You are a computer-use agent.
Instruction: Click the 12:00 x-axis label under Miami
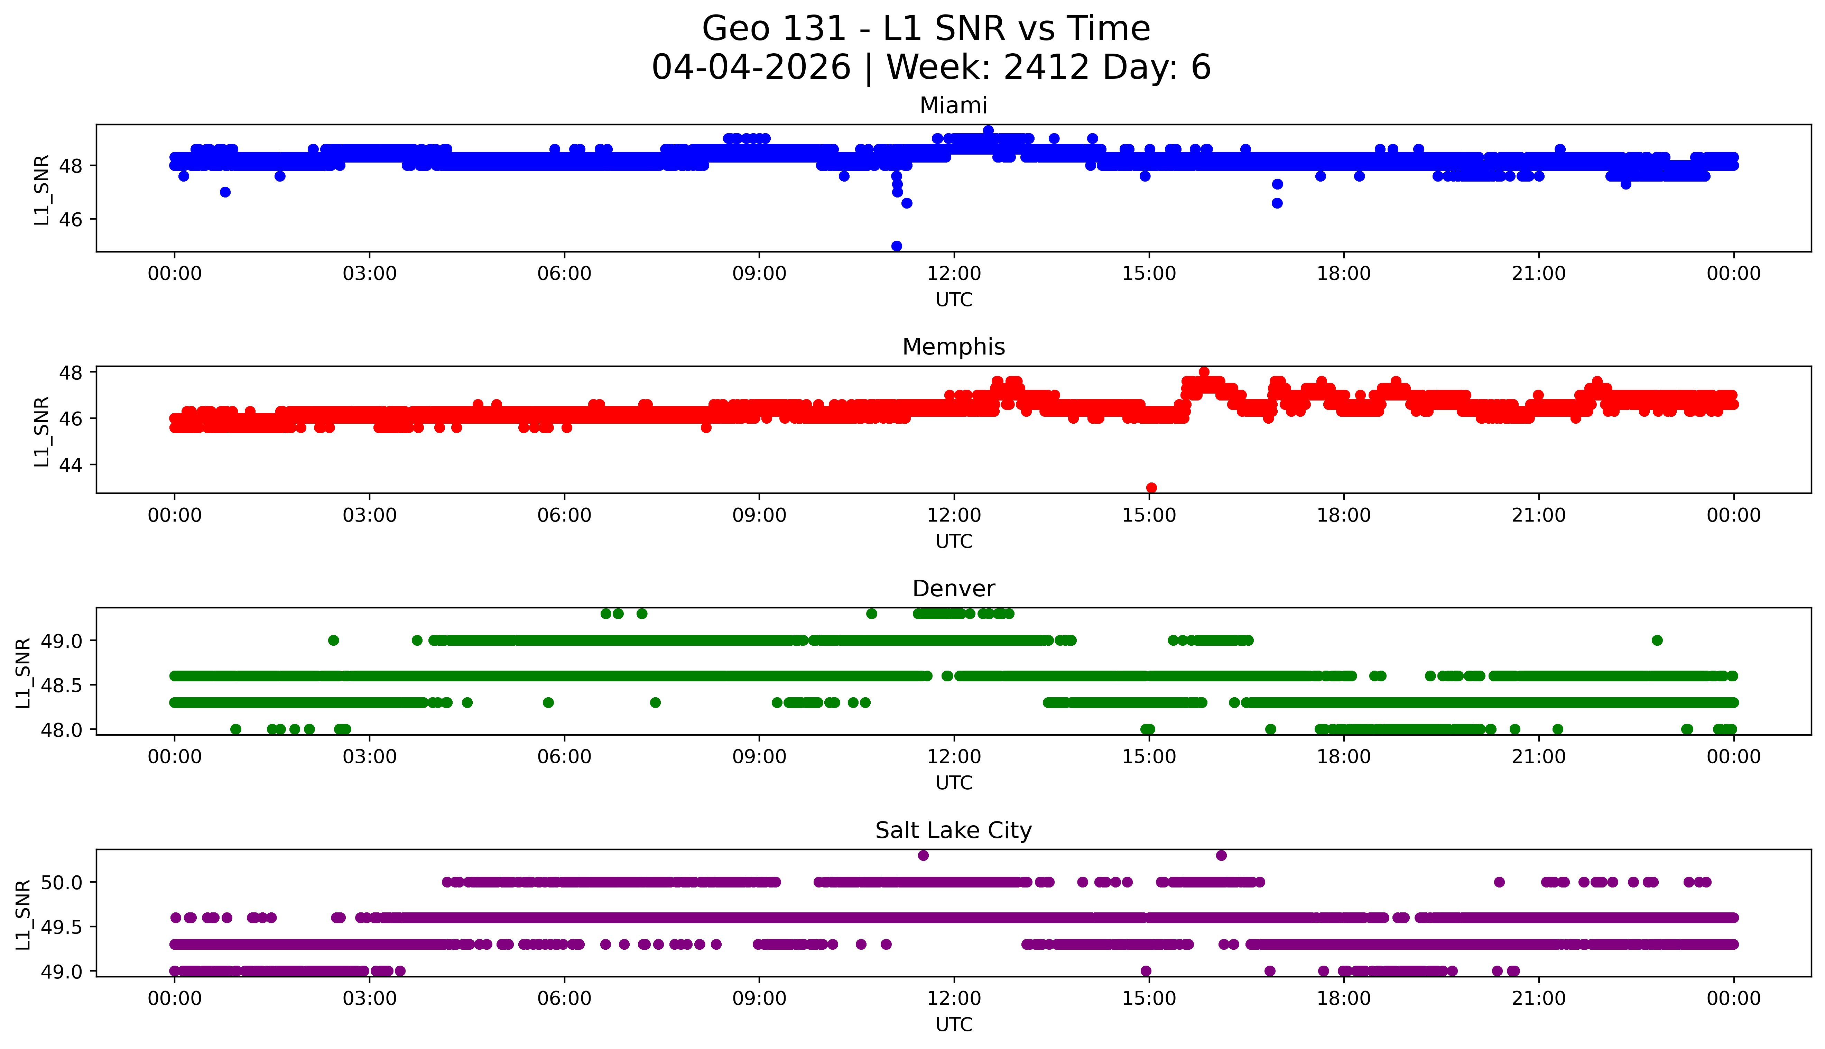[954, 274]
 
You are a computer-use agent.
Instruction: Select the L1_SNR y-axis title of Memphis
[42, 431]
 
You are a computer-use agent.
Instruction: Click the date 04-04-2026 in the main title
[751, 68]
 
